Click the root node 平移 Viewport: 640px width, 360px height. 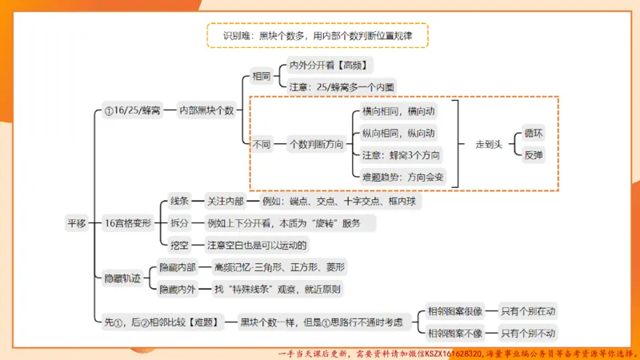76,223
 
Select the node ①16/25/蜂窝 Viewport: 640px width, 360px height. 133,110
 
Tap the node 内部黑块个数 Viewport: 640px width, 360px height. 206,110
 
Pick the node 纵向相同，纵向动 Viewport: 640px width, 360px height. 398,134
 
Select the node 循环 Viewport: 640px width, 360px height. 533,134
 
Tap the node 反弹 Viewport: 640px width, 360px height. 533,155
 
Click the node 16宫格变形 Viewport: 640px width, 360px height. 128,223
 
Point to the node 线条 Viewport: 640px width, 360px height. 179,202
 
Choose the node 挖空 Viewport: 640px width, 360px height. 179,244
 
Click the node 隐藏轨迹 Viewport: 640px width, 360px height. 122,278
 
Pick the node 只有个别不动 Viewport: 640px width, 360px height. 527,333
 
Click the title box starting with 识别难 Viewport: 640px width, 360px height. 318,35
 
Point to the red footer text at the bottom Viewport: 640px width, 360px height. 456,352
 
